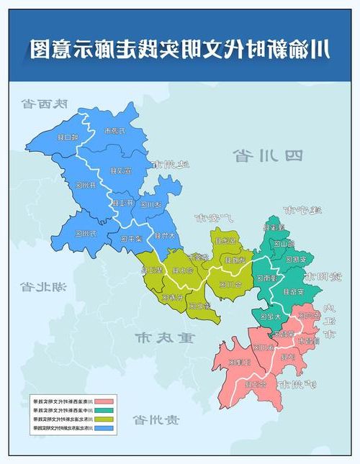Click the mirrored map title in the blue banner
[180, 48]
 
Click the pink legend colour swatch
[105, 400]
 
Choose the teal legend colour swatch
[105, 409]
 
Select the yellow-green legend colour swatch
[105, 419]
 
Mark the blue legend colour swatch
[105, 428]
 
